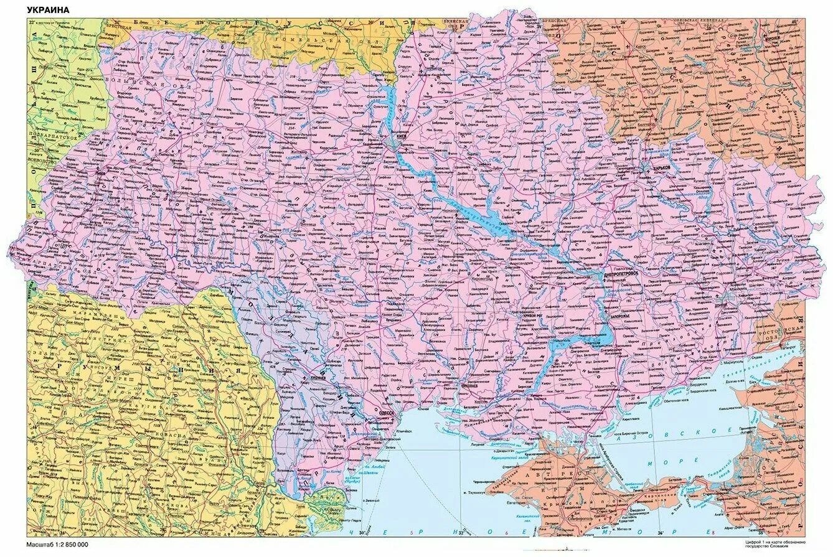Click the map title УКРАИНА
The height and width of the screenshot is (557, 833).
(x=48, y=11)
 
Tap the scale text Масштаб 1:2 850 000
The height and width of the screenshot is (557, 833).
(x=57, y=545)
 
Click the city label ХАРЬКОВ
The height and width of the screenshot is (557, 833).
(x=662, y=168)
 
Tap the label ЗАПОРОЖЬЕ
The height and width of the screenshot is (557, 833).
(x=620, y=316)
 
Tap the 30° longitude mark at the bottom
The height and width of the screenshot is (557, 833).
(x=361, y=533)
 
